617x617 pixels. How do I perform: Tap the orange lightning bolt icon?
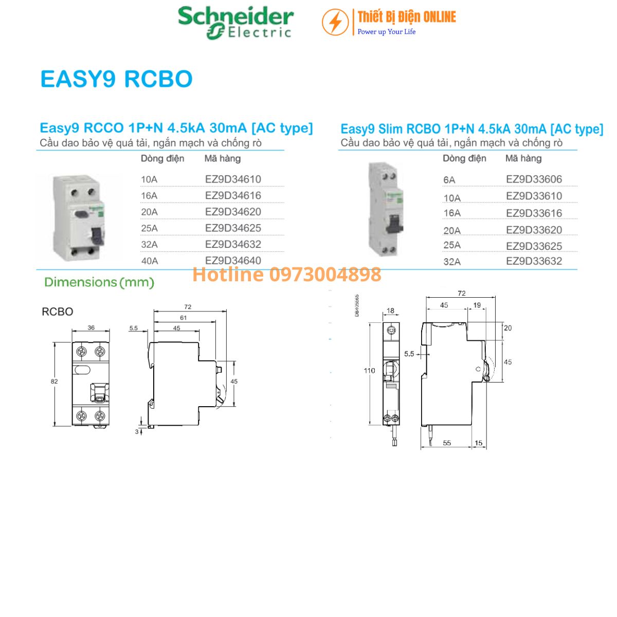[335, 23]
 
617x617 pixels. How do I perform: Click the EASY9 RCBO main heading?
[116, 79]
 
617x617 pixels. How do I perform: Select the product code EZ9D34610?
[233, 179]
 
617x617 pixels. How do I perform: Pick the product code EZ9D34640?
[233, 261]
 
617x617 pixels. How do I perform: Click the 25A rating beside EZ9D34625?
[149, 228]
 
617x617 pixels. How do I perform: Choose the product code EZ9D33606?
[534, 179]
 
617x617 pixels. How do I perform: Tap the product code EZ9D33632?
[534, 261]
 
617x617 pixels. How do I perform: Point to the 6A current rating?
[449, 179]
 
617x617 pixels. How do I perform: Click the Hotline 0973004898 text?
[287, 275]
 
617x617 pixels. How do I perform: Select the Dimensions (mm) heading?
[99, 282]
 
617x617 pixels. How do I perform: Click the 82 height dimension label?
[55, 382]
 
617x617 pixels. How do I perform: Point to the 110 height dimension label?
[369, 370]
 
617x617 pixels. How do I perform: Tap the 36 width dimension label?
[91, 328]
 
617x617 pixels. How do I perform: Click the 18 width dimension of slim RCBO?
[391, 311]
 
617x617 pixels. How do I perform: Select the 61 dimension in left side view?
[183, 318]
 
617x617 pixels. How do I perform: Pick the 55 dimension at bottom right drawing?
[447, 443]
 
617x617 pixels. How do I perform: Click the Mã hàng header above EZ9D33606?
[523, 158]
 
